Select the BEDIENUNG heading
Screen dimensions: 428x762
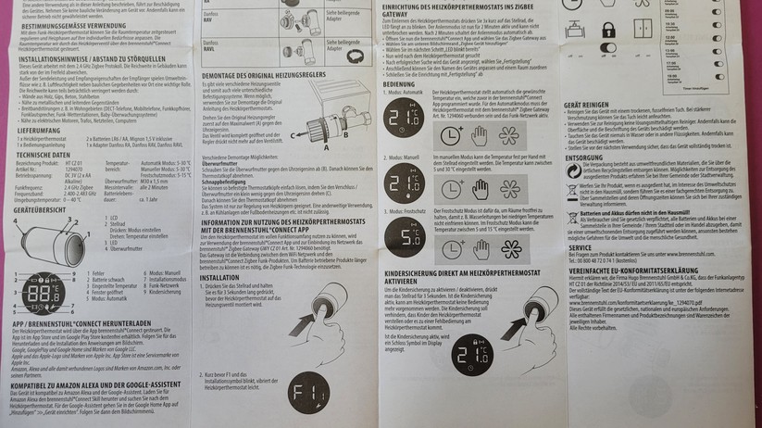400,83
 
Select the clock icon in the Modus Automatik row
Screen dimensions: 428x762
452,133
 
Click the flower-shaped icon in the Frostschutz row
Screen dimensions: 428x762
508,248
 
